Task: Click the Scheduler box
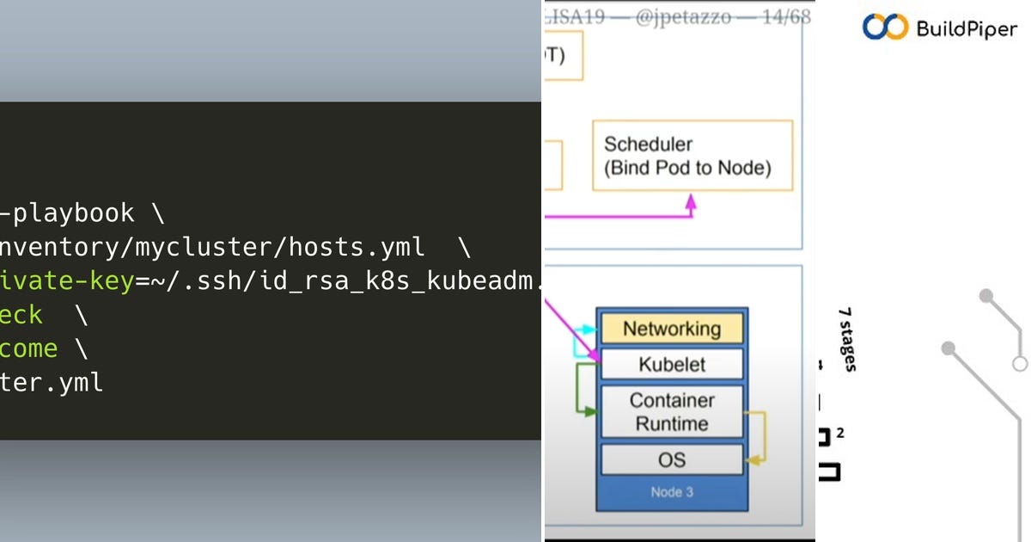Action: [x=692, y=156]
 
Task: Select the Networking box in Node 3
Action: [x=671, y=329]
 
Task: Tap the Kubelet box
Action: [x=671, y=364]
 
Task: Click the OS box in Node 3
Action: [x=671, y=459]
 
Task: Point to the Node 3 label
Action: [x=671, y=493]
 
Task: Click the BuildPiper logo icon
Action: [x=885, y=28]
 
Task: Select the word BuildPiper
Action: [x=967, y=29]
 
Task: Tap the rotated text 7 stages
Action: [x=848, y=340]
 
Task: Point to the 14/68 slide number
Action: [x=779, y=17]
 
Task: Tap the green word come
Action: [x=29, y=348]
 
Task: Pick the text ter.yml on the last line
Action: [x=52, y=382]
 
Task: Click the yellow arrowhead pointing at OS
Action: [x=751, y=460]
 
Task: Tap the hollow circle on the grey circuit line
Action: [x=1019, y=363]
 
